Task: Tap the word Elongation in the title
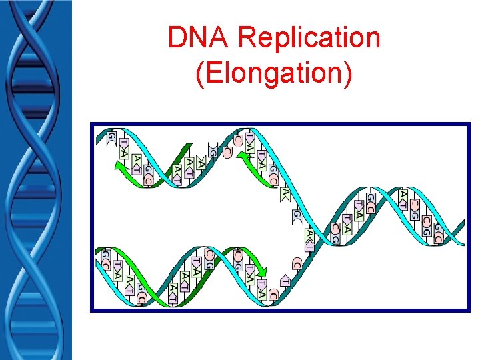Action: (x=274, y=73)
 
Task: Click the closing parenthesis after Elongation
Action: (x=347, y=74)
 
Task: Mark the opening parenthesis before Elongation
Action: (x=201, y=74)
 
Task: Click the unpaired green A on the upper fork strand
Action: (x=285, y=193)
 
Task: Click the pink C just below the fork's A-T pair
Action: (x=297, y=263)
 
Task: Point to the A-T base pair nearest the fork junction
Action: (x=310, y=237)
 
